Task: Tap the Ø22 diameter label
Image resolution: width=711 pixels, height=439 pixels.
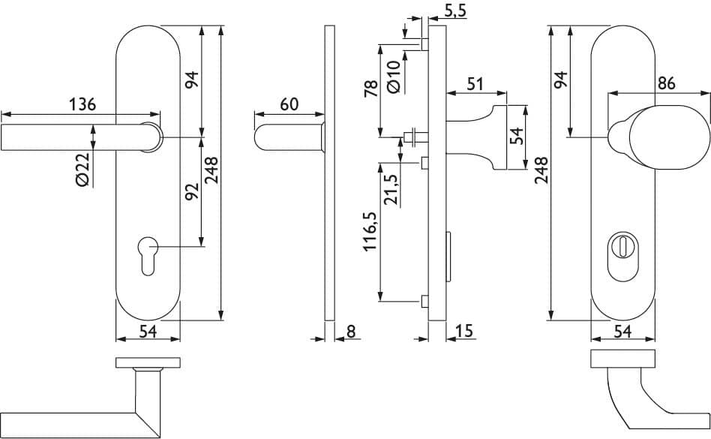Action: point(83,170)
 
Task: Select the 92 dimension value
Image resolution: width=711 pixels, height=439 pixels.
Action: point(192,191)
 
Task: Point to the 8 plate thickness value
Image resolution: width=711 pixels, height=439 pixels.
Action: point(351,332)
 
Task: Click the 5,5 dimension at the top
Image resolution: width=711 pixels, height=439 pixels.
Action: point(454,11)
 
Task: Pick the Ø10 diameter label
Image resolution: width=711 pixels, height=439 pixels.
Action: point(394,77)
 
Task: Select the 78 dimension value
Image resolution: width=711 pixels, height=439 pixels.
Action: point(371,88)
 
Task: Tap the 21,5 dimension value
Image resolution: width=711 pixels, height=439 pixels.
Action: point(391,190)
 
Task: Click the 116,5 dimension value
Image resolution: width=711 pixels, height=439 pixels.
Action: point(370,231)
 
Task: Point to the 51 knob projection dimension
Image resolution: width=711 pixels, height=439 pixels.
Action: point(475,84)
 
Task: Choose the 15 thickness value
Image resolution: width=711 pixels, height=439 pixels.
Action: point(463,331)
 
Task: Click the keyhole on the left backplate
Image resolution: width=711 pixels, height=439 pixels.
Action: point(148,256)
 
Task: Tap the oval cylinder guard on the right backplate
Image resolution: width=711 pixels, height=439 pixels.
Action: point(622,255)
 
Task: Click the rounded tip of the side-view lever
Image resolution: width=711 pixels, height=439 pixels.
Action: point(258,137)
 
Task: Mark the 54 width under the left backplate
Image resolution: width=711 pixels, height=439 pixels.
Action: point(148,332)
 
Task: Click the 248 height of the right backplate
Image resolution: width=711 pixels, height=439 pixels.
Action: point(541,170)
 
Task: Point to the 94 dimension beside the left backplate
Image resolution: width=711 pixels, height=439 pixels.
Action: point(192,80)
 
